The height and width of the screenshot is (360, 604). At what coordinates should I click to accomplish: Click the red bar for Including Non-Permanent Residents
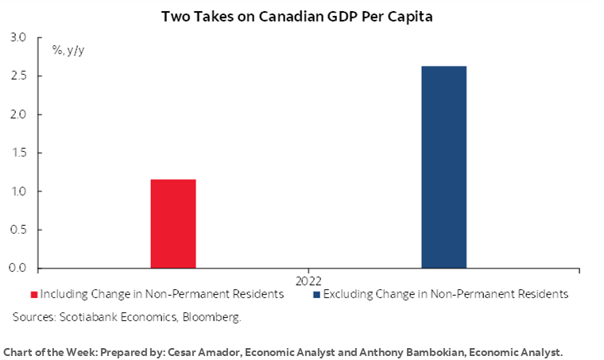click(173, 223)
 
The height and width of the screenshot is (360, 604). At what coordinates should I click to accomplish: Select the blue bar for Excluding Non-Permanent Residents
click(443, 167)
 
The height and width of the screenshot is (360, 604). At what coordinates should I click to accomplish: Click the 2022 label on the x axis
click(308, 281)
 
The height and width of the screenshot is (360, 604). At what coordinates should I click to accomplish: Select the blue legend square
click(318, 295)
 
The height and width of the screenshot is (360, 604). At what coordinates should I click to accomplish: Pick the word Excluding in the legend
click(350, 294)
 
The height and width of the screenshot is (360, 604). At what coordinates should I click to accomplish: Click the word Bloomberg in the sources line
click(211, 316)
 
